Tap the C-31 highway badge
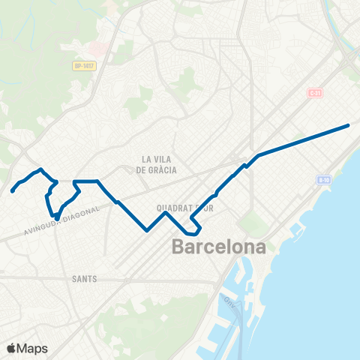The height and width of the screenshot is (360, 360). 315,93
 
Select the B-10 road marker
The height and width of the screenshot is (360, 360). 323,180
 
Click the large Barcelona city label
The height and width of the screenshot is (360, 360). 219,247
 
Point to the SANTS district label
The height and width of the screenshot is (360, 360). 84,278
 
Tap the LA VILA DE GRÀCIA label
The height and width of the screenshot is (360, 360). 157,164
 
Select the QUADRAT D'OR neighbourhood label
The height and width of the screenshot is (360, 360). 181,208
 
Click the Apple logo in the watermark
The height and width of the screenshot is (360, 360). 12,348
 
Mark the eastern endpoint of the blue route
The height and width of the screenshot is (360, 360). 348,125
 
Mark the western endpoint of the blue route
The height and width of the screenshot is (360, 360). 13,191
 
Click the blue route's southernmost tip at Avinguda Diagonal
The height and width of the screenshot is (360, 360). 56,219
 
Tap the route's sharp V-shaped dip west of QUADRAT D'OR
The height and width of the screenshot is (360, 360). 147,229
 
